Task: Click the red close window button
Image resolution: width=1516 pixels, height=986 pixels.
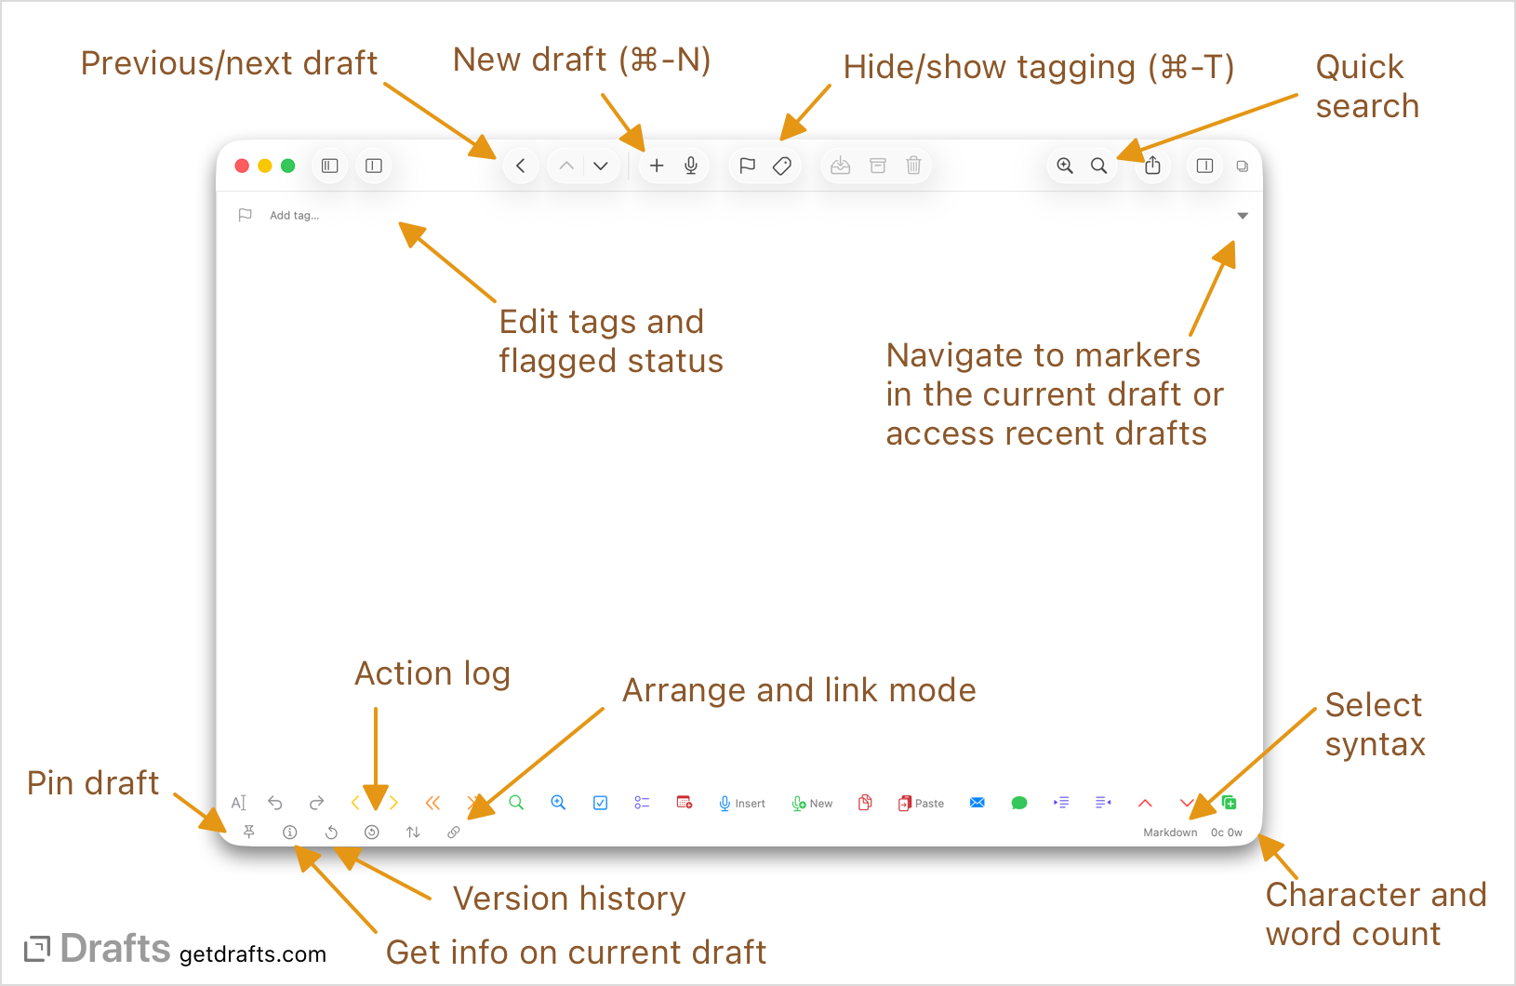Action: pos(242,166)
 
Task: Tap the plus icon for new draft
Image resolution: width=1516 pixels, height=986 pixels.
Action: pos(657,166)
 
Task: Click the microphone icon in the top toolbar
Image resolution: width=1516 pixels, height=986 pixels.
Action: pos(691,166)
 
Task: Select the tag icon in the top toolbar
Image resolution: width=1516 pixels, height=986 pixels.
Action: pos(782,166)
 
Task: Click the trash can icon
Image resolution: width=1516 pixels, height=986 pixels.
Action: pos(913,166)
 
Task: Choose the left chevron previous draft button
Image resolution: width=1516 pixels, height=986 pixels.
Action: pos(521,166)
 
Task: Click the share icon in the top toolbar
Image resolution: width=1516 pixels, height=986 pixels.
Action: pos(1152,166)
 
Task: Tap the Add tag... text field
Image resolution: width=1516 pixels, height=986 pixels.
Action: pos(294,216)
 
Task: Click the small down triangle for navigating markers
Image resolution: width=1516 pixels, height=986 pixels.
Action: pos(1243,216)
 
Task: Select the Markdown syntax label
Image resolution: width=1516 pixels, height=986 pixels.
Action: pos(1170,833)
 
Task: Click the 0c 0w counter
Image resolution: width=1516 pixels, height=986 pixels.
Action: pos(1226,833)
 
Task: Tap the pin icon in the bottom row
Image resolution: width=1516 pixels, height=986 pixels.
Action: pos(249,832)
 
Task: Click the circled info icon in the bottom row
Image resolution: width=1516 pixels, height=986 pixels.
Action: pos(290,833)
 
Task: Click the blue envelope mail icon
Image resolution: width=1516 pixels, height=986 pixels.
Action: pos(977,803)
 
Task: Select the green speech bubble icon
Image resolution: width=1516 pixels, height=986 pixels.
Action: pos(1019,803)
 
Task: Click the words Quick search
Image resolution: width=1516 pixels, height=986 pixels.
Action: pos(1366,87)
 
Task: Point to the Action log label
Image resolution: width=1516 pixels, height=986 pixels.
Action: pos(432,673)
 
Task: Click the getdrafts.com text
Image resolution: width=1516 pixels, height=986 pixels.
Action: pos(253,954)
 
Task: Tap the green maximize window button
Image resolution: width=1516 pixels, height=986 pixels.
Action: pos(288,166)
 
